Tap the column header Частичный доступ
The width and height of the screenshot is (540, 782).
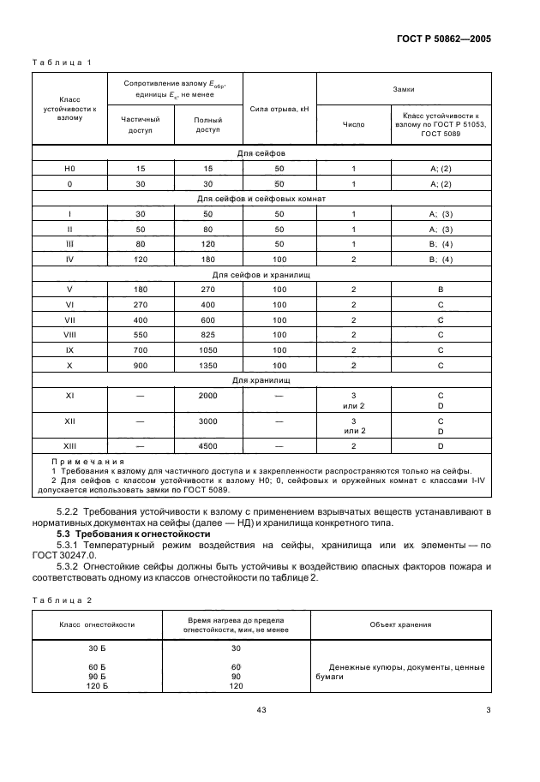[x=138, y=125]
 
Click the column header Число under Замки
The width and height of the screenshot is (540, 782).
[x=353, y=124]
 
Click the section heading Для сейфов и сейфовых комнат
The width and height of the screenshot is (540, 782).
[x=261, y=199]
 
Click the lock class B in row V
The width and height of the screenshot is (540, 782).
[x=440, y=290]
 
